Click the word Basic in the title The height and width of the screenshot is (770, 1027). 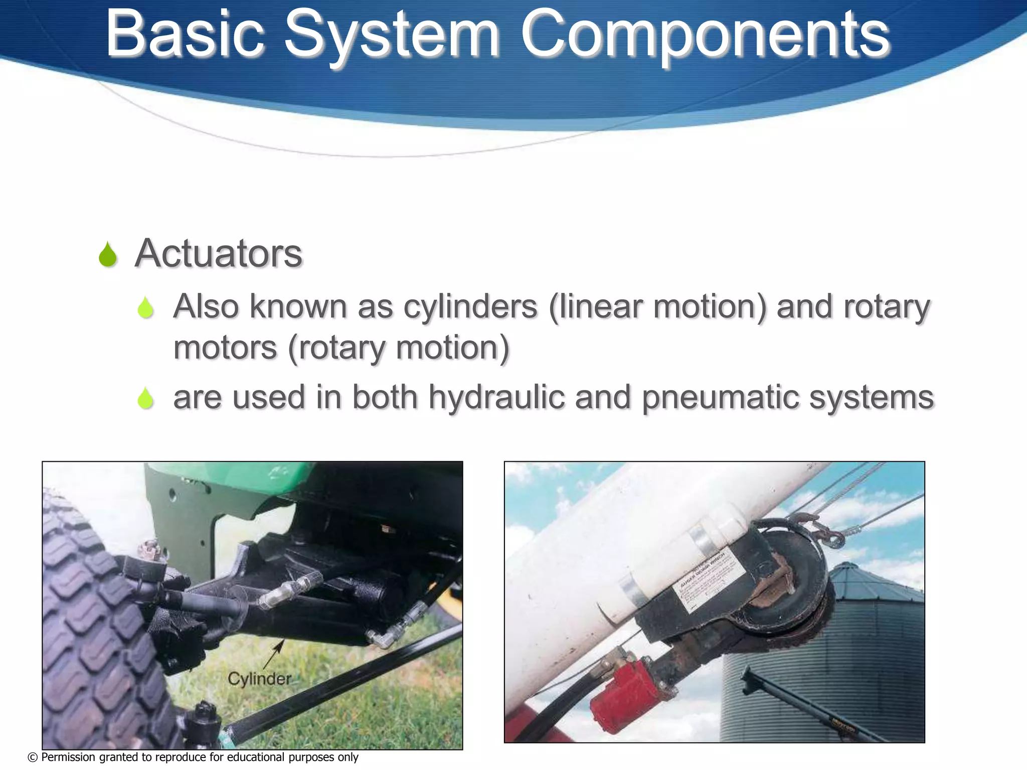pos(185,34)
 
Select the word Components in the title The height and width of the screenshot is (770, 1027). pos(705,35)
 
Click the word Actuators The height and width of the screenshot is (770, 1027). pos(219,253)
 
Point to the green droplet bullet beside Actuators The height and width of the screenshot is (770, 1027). pos(108,255)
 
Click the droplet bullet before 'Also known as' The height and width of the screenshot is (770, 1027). pos(145,307)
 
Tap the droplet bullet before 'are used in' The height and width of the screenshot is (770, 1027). pos(145,399)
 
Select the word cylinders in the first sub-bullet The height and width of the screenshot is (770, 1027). pos(470,306)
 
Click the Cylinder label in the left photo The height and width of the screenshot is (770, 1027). pos(259,679)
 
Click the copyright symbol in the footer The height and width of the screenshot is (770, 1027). pos(33,757)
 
